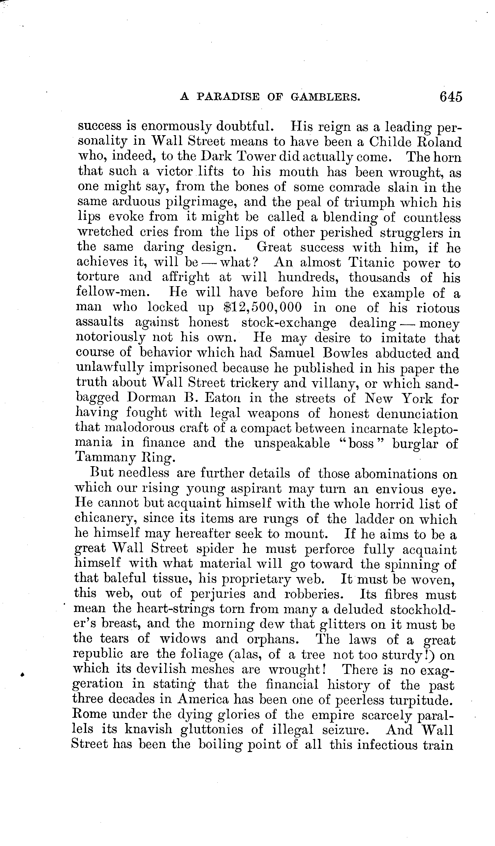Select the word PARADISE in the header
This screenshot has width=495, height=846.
pos(228,97)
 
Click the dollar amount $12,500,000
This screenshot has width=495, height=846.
pos(262,308)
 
